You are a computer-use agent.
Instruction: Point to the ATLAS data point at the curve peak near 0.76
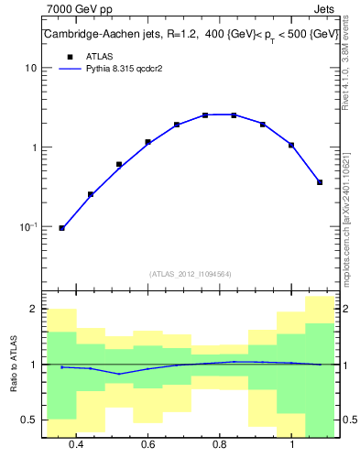point(205,115)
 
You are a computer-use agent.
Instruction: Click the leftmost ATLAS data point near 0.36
point(61,228)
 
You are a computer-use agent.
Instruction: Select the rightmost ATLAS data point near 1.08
point(320,182)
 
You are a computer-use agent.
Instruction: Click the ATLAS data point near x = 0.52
point(119,165)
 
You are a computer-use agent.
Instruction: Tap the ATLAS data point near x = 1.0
point(291,145)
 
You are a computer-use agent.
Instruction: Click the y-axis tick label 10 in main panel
point(31,69)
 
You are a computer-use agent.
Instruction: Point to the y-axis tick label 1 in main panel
point(34,147)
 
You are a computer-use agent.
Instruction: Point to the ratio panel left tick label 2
point(33,310)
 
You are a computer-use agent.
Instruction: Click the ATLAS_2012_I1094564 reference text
point(189,274)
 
